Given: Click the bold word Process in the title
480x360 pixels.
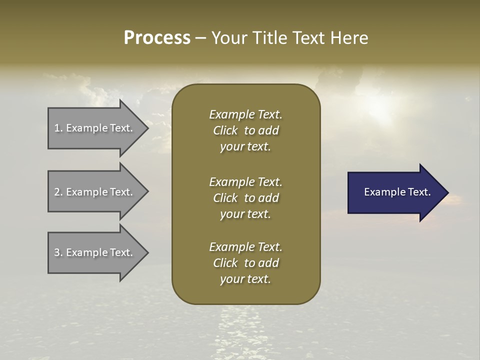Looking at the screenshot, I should pyautogui.click(x=157, y=38).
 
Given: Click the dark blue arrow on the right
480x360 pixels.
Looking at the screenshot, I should pyautogui.click(x=395, y=192).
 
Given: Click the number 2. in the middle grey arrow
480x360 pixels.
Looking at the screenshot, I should pyautogui.click(x=58, y=192).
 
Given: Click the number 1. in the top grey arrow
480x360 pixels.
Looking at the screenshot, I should pyautogui.click(x=58, y=128).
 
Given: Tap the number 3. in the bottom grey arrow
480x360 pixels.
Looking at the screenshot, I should pyautogui.click(x=58, y=252).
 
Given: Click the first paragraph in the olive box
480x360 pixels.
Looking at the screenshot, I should pyautogui.click(x=245, y=130).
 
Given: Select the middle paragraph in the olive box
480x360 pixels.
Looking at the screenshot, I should pyautogui.click(x=245, y=197).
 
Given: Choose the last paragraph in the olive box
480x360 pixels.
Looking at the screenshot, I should pyautogui.click(x=245, y=263).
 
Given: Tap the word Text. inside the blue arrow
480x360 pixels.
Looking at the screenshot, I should pyautogui.click(x=418, y=192).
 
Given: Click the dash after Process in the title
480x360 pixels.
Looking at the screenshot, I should pyautogui.click(x=201, y=38).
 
